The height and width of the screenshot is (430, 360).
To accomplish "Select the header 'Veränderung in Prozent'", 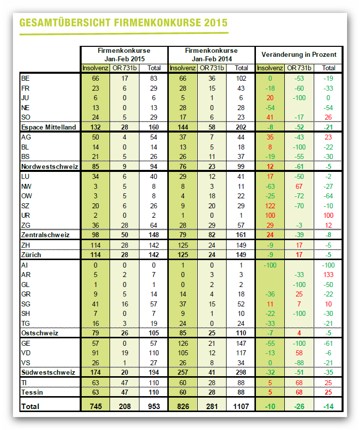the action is pos(299,55).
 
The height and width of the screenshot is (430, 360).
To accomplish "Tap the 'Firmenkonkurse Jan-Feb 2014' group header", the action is pos(212,55).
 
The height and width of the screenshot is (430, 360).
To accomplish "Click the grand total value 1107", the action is pos(241,406).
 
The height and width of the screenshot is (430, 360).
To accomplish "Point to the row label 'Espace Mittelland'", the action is pos(48,127).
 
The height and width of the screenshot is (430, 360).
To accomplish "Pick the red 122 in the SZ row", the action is pos(270,206).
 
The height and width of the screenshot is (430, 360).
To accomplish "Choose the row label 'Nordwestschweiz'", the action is pos(50,166).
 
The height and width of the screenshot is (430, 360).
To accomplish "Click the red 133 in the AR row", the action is pos(328,275).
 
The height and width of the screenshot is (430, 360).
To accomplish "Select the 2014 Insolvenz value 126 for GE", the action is pos(183,343).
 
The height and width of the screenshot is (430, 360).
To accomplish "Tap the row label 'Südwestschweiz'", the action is pos(48,372).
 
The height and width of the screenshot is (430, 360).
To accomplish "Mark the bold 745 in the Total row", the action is pos(96,406).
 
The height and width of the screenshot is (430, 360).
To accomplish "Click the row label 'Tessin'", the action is pos(32,392).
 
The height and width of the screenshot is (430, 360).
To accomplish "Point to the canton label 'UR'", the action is pos(25,216).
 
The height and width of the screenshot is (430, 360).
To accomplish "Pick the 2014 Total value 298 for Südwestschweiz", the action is pos(241,372).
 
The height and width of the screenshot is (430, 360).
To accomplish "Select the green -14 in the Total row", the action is pos(328,406).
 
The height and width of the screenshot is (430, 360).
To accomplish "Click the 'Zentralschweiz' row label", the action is pos(45,235).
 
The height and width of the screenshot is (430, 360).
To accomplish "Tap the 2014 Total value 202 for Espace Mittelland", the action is pos(241,127).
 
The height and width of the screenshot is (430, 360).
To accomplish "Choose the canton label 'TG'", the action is pos(25,323).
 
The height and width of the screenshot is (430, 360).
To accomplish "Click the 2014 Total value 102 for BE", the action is pos(241,78).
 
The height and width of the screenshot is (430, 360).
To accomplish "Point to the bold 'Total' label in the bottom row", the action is pos(30,406).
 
